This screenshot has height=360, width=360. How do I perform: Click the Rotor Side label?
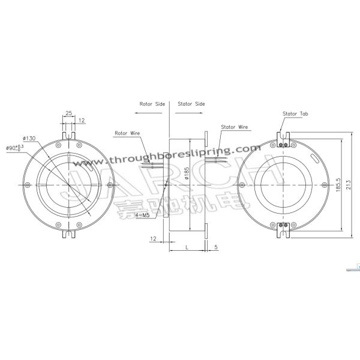(x=152, y=104)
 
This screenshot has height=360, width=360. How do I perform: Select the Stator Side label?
(x=191, y=104)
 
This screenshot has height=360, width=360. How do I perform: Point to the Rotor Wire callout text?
(x=126, y=133)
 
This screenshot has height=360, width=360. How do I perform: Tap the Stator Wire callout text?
(x=234, y=127)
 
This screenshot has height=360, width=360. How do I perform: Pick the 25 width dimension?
(x=70, y=112)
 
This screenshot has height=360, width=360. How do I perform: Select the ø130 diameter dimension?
(x=30, y=138)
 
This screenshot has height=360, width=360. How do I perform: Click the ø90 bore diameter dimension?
(x=14, y=147)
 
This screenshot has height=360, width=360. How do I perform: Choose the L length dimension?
(x=188, y=247)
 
